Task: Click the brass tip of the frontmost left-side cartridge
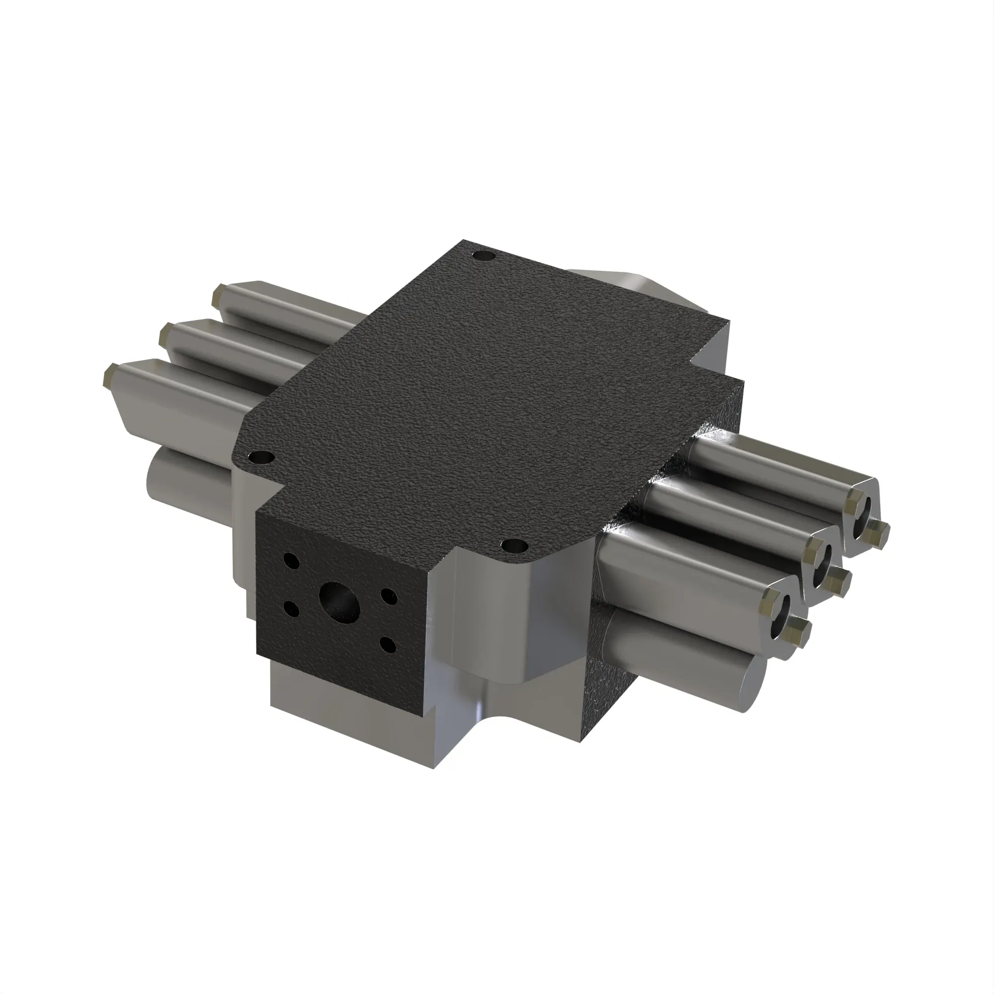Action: click(x=109, y=374)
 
